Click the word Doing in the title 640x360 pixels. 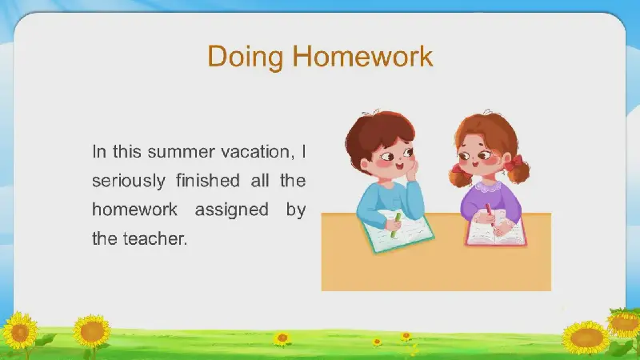click(246, 57)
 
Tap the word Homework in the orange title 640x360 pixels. click(362, 56)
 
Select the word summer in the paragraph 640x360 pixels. click(181, 152)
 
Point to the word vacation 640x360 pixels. click(258, 152)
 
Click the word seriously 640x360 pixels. click(129, 181)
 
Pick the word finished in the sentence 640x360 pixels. click(208, 180)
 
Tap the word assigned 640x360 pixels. click(231, 210)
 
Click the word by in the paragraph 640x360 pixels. click(296, 210)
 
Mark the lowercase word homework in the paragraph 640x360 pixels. click(134, 210)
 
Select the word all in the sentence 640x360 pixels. click(259, 180)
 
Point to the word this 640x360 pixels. click(127, 151)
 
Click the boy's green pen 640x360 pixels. click(395, 226)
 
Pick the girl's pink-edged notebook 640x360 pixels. click(495, 232)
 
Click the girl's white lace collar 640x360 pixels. click(487, 186)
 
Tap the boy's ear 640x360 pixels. click(365, 164)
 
